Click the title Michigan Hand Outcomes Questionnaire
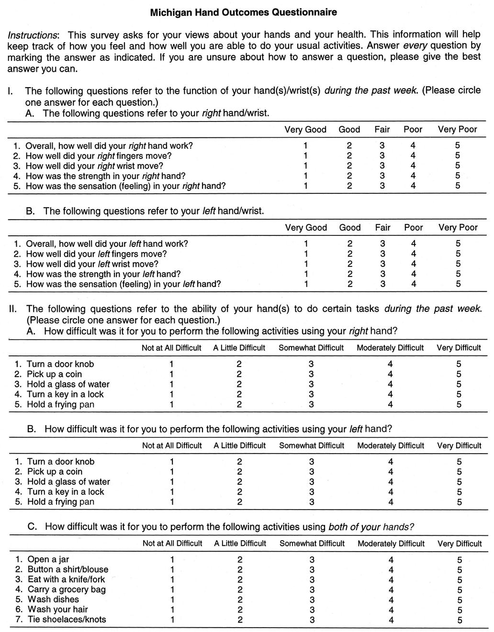(x=243, y=13)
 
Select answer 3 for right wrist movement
(x=382, y=166)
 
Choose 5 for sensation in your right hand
(x=458, y=186)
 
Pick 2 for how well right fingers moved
(x=349, y=156)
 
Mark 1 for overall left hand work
(x=306, y=244)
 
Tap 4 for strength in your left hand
(x=414, y=274)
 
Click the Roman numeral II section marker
(x=13, y=309)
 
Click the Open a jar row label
(x=48, y=559)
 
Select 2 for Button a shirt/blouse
(x=240, y=569)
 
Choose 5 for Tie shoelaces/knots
(x=460, y=620)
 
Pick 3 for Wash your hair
(x=312, y=610)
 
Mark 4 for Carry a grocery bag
(x=391, y=589)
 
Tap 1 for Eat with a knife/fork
(x=172, y=579)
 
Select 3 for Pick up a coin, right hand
(x=311, y=374)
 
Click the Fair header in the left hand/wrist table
(x=383, y=228)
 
